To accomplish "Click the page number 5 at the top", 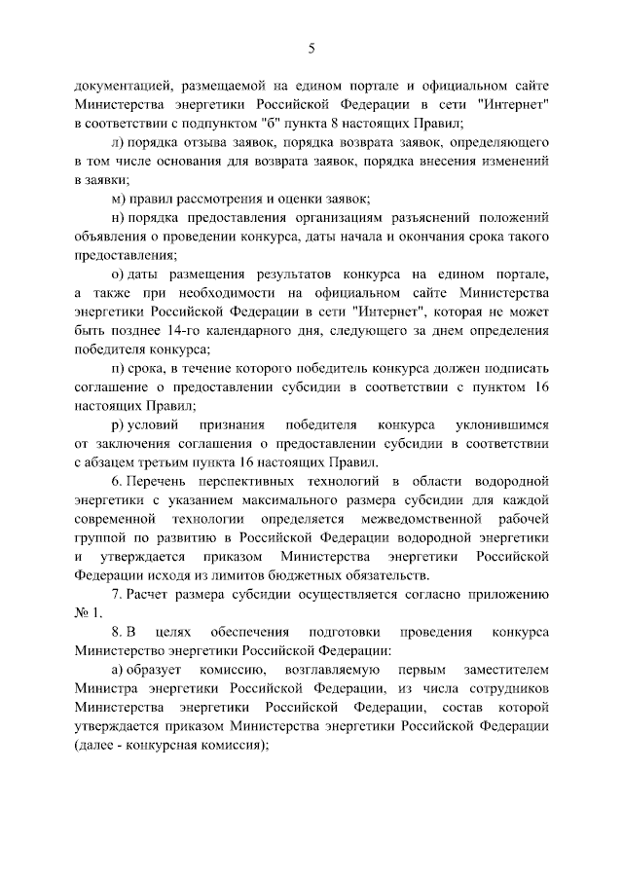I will pos(311,48).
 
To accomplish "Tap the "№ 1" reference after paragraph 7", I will pos(86,613).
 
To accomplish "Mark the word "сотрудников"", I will pos(504,688).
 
